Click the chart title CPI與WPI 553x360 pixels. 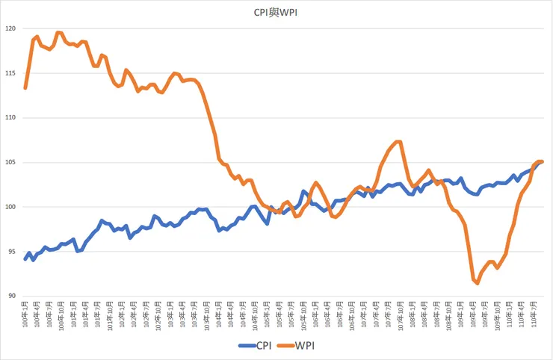(x=276, y=11)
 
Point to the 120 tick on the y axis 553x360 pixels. (x=10, y=28)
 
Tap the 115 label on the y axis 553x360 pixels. (x=10, y=73)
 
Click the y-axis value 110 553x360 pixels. (x=10, y=118)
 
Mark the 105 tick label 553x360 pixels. (x=10, y=162)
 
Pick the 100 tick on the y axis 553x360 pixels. (x=10, y=207)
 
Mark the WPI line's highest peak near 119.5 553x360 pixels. (x=58, y=33)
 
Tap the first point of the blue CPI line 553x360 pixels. (x=25, y=259)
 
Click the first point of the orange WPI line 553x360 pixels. (x=25, y=88)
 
